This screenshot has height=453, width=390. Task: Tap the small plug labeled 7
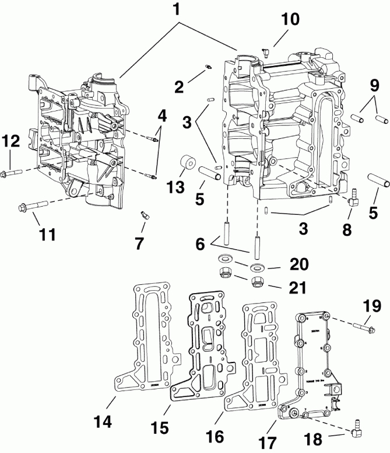[143, 216]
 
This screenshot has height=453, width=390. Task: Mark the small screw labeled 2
[208, 72]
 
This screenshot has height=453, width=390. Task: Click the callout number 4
[161, 115]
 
